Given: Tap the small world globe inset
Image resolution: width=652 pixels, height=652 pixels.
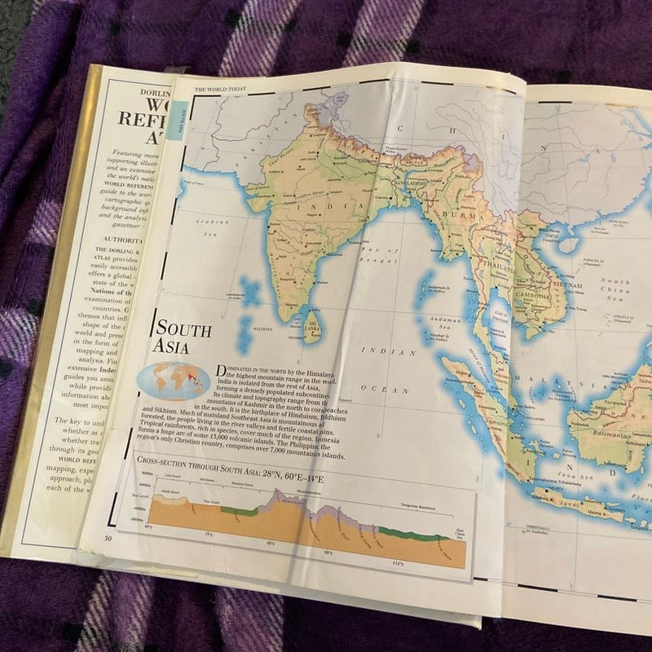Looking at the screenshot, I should (174, 378).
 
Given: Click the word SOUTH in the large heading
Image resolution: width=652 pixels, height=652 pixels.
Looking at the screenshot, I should (183, 330).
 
